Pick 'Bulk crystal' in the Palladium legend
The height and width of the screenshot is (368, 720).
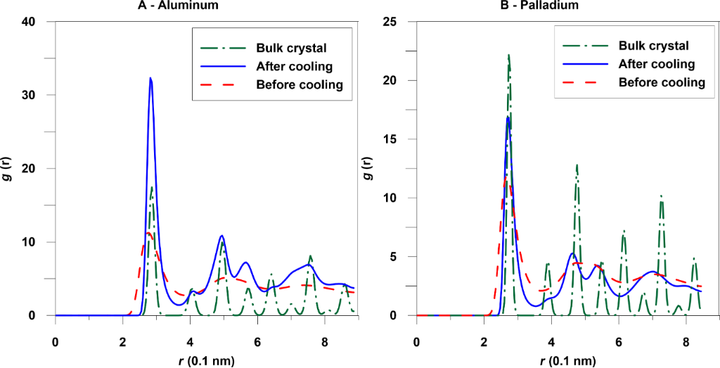click(x=653, y=46)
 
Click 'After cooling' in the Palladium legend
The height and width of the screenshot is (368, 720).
click(x=657, y=64)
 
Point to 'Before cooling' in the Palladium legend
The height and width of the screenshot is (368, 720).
click(x=662, y=82)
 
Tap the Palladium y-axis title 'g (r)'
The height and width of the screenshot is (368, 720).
click(x=374, y=168)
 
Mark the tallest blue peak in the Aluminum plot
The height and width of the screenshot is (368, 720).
click(x=150, y=78)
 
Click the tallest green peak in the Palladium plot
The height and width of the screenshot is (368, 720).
click(x=508, y=55)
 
